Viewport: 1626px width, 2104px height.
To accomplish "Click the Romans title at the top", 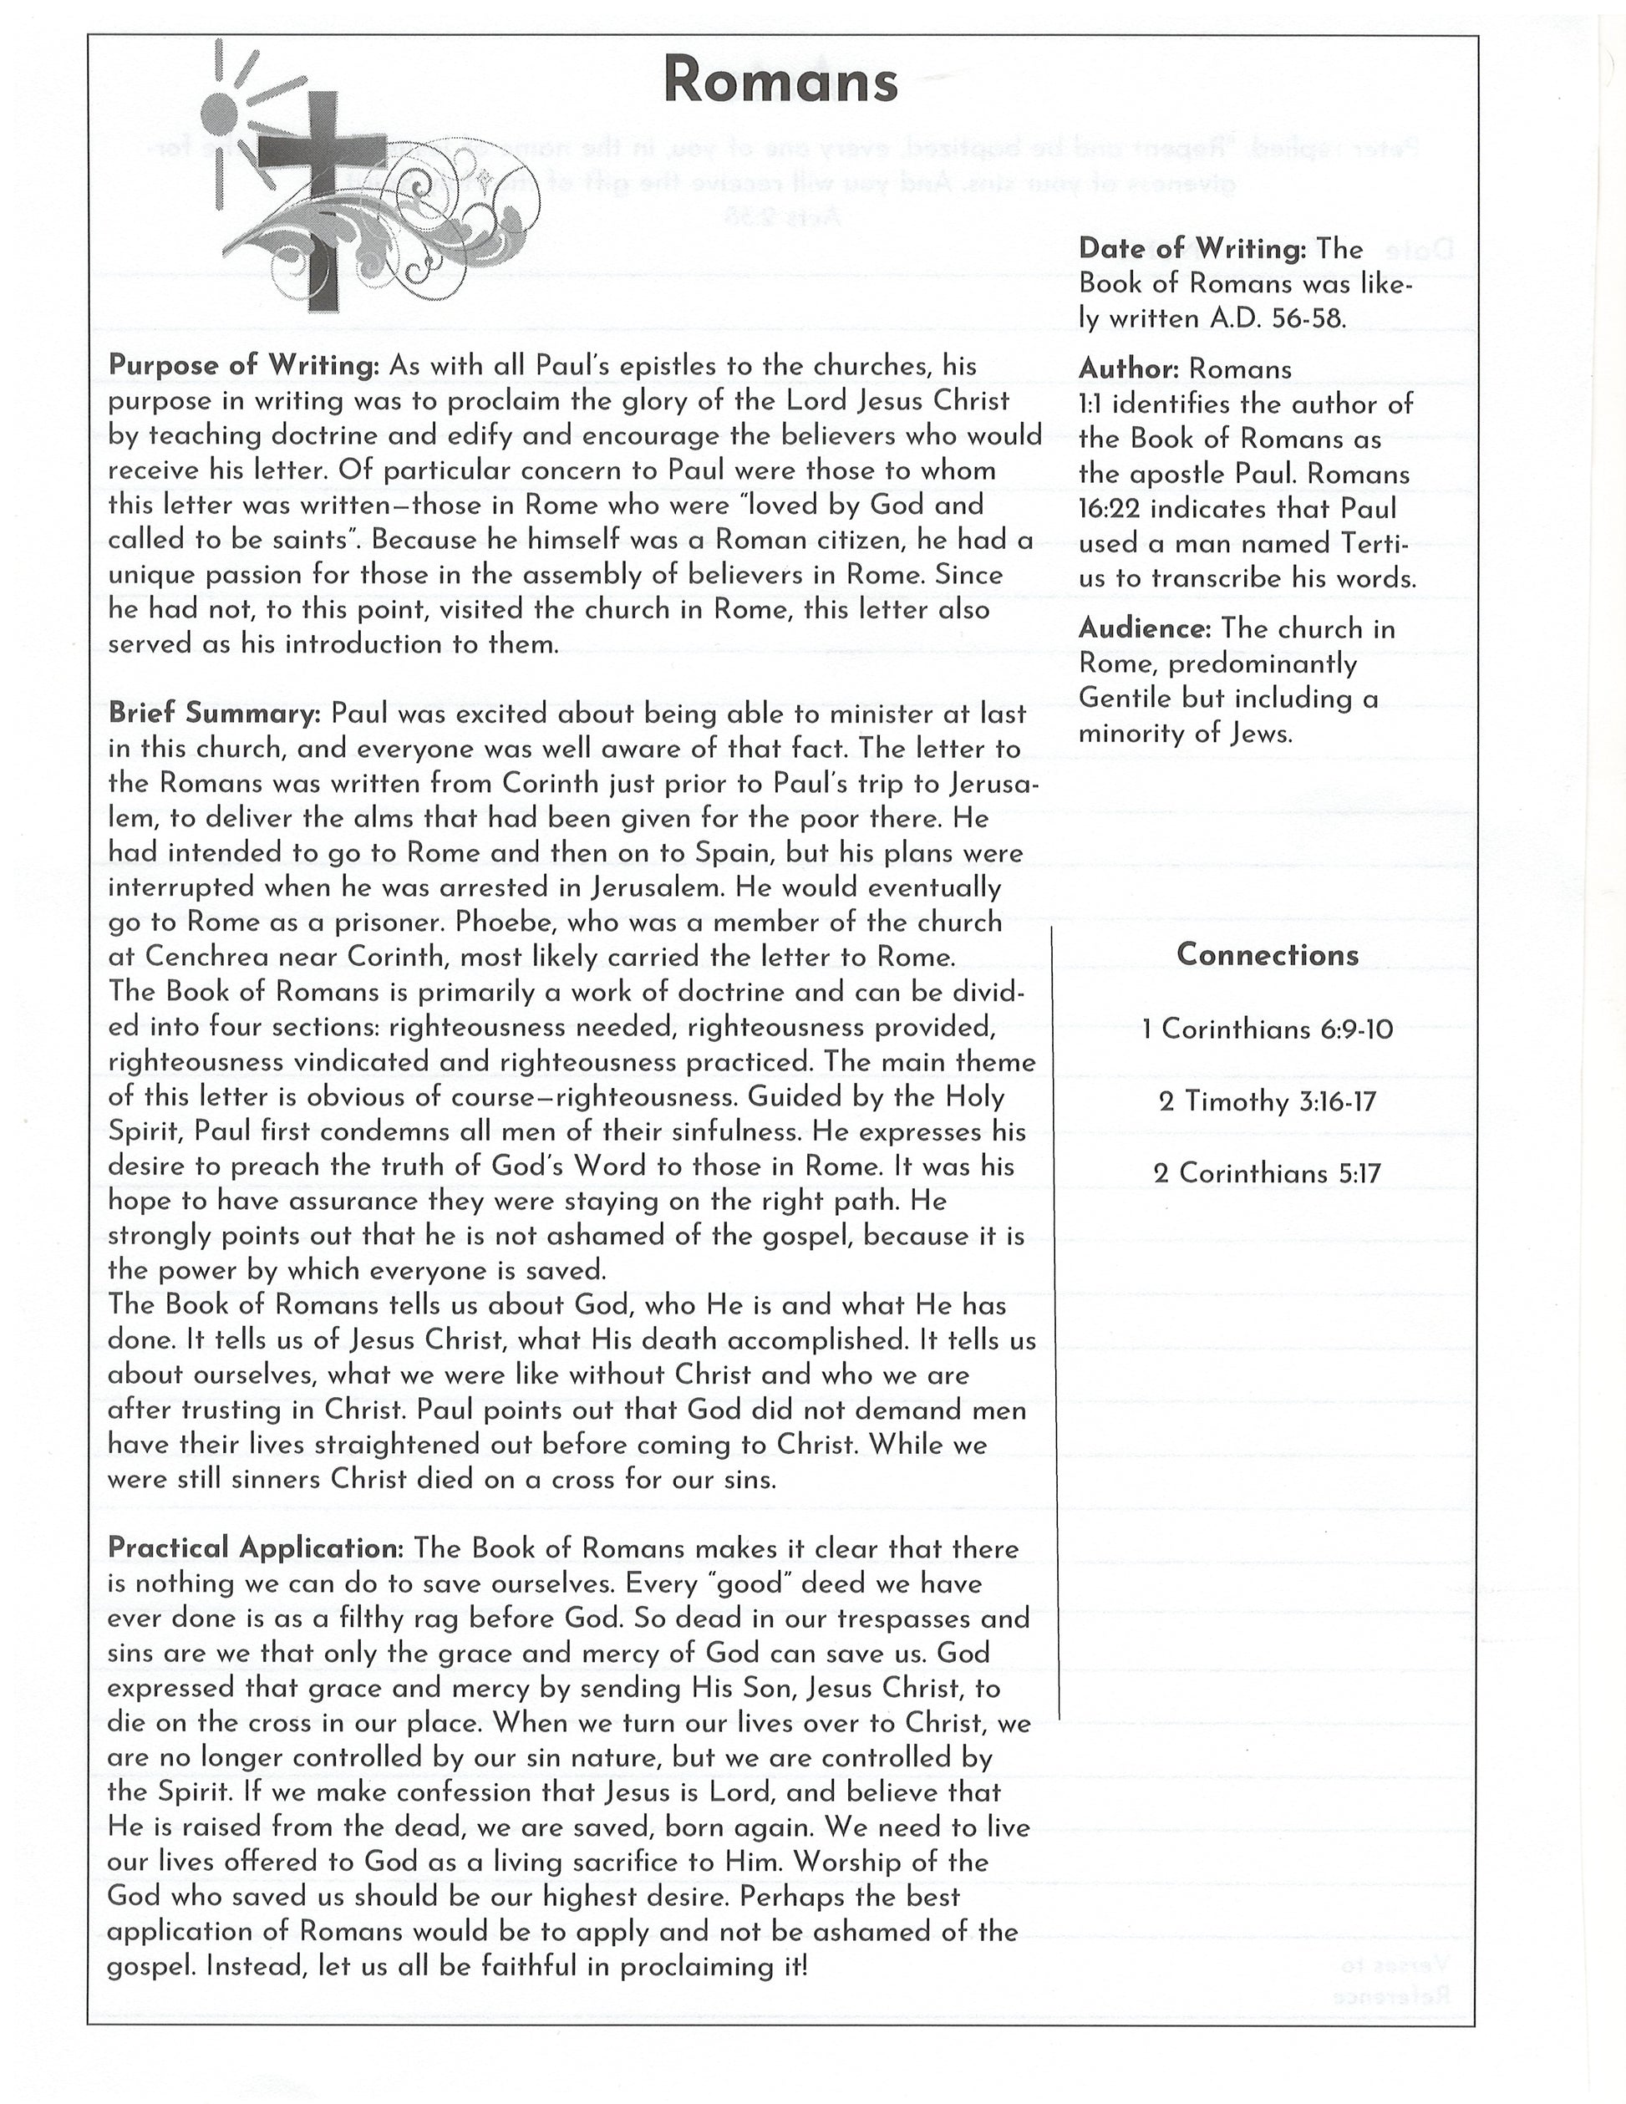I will coord(780,81).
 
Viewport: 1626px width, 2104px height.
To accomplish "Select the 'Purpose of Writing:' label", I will coord(245,366).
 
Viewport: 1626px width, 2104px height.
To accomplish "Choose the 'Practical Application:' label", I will coord(256,1548).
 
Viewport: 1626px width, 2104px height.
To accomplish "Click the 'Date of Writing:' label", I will coord(1192,250).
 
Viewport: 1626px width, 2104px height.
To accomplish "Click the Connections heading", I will coord(1267,955).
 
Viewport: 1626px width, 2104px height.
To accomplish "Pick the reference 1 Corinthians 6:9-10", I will coord(1267,1029).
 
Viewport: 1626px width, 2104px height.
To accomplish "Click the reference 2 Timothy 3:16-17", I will coord(1267,1101).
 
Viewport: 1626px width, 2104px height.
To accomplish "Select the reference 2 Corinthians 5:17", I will coord(1267,1173).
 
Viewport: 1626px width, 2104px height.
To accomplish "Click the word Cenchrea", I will coord(207,957).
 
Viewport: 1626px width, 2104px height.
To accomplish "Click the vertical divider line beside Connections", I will coord(1059,1320).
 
